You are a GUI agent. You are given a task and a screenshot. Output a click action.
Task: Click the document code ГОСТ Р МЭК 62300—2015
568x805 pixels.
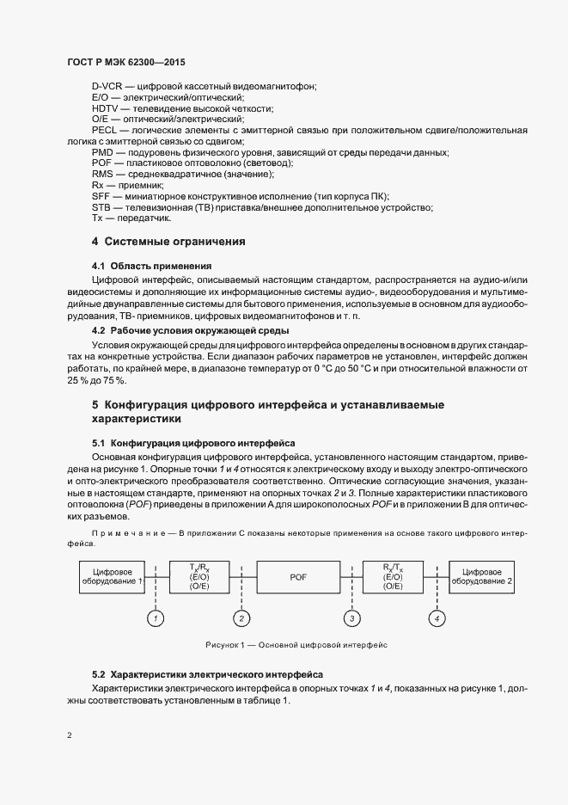pyautogui.click(x=125, y=63)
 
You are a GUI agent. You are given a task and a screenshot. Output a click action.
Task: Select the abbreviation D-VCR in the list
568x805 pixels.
pyautogui.click(x=108, y=87)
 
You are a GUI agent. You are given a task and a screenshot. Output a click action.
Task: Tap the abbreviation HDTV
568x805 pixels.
pyautogui.click(x=105, y=108)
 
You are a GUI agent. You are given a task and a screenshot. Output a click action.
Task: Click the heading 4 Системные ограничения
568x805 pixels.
pyautogui.click(x=168, y=242)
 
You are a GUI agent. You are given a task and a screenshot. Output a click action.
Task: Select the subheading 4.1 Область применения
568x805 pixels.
pyautogui.click(x=151, y=266)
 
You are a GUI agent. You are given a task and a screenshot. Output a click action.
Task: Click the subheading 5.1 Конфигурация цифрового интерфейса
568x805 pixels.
pyautogui.click(x=193, y=443)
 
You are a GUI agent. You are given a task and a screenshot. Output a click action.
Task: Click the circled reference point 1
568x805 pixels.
pyautogui.click(x=155, y=618)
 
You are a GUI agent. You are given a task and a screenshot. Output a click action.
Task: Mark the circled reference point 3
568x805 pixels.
pyautogui.click(x=351, y=618)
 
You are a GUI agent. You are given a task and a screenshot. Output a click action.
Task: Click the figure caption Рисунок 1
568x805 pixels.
pyautogui.click(x=297, y=643)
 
